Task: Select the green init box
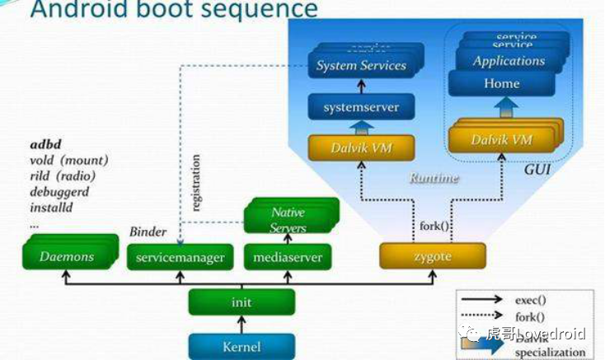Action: tap(241, 302)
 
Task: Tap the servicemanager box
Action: tap(176, 257)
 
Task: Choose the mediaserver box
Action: tap(288, 257)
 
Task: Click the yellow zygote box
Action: tap(433, 257)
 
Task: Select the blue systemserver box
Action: tap(361, 107)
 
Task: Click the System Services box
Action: tap(361, 66)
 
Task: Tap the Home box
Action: tap(502, 83)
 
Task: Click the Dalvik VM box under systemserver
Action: tap(361, 148)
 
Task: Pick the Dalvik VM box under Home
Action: tap(502, 140)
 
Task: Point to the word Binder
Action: tap(148, 232)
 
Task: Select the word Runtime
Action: tap(434, 178)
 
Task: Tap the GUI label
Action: tap(537, 170)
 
